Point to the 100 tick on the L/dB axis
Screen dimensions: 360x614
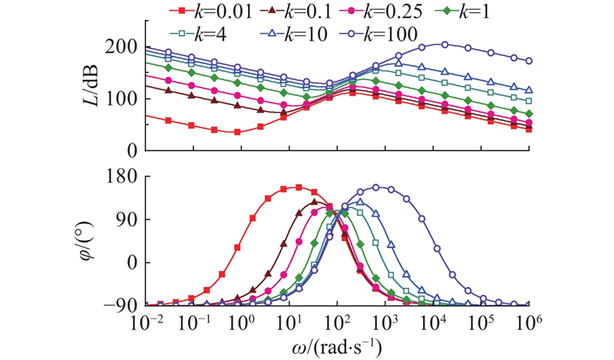click(x=124, y=99)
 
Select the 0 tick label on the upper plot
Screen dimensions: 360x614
click(x=131, y=150)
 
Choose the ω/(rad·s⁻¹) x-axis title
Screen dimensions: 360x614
click(x=336, y=346)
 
